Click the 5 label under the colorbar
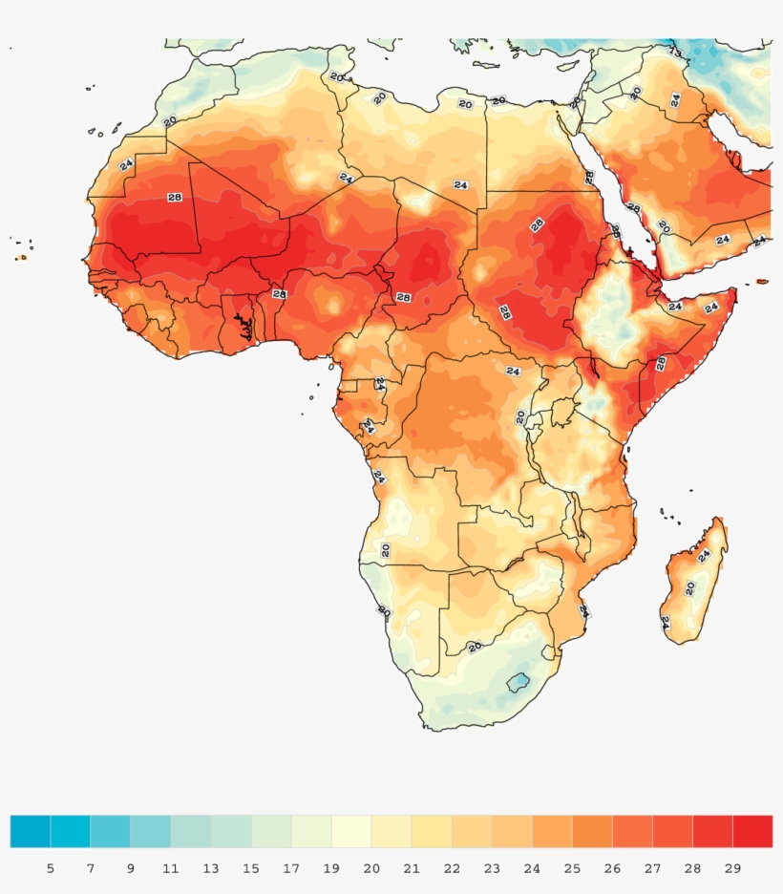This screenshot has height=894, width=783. coord(50,868)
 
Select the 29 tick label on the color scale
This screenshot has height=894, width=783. coord(732,868)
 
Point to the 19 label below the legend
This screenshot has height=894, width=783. coord(330,868)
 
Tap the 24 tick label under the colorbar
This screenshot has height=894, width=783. coord(531,868)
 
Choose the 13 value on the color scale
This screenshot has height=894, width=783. coord(210,868)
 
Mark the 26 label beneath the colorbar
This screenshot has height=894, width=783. coord(611,868)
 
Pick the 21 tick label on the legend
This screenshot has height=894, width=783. coord(411,868)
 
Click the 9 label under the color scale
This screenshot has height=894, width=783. coord(130,868)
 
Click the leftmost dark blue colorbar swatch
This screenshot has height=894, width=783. coord(30,831)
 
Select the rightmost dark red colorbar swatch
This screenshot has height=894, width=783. coord(752,831)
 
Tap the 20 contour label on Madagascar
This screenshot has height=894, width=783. coord(689,587)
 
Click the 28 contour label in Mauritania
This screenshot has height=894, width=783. coord(174,198)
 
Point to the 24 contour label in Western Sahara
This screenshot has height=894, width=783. coord(126,164)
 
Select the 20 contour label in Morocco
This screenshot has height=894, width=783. coord(170,121)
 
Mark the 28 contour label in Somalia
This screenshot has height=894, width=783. coord(661,364)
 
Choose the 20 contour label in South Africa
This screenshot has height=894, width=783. coord(475,648)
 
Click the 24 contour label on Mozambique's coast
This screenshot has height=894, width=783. coord(582,610)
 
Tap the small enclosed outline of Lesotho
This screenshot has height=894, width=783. coord(518,682)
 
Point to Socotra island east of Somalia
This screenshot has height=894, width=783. coord(762,282)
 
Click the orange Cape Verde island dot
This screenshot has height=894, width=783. coord(22,257)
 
